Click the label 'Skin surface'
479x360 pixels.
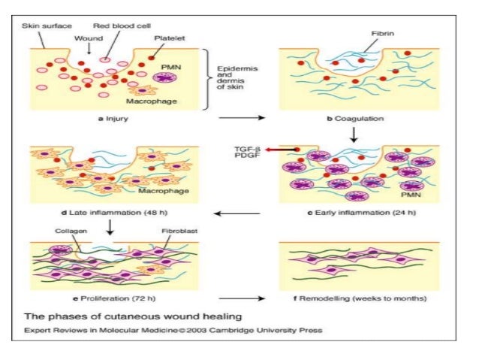pyautogui.click(x=47, y=26)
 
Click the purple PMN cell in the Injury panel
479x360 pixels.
pyautogui.click(x=167, y=78)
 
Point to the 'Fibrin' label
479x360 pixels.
pyautogui.click(x=383, y=35)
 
